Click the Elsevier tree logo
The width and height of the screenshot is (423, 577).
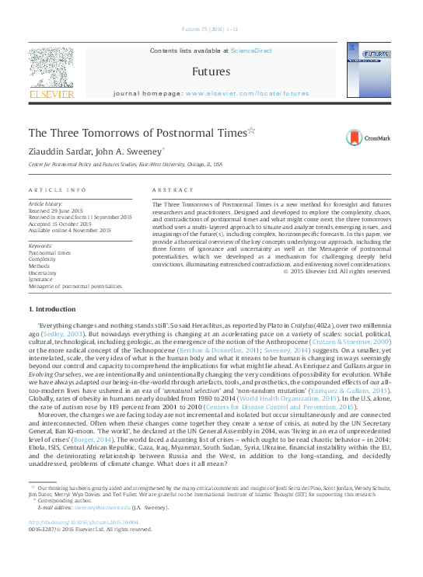pos(51,70)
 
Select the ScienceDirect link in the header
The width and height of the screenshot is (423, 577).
pos(251,50)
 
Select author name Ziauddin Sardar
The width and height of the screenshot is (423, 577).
pos(59,151)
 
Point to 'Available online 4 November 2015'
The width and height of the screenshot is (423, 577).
pos(70,231)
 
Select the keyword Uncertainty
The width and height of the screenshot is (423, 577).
pos(43,273)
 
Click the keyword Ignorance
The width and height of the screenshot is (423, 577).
pos(41,280)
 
